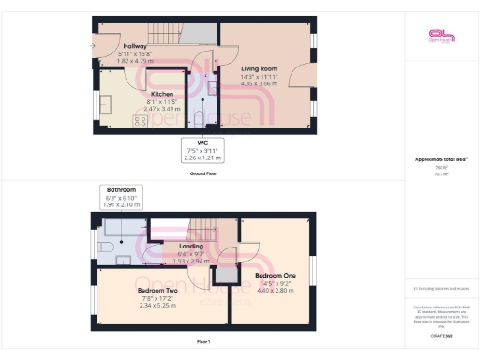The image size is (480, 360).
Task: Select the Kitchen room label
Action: tap(165, 94)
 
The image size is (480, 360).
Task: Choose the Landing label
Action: tap(190, 248)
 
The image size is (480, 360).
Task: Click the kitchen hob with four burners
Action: tap(140, 120)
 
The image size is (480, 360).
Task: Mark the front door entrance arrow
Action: tap(91, 43)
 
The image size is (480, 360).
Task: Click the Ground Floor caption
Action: tap(204, 173)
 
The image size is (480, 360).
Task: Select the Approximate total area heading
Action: tap(440, 159)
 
